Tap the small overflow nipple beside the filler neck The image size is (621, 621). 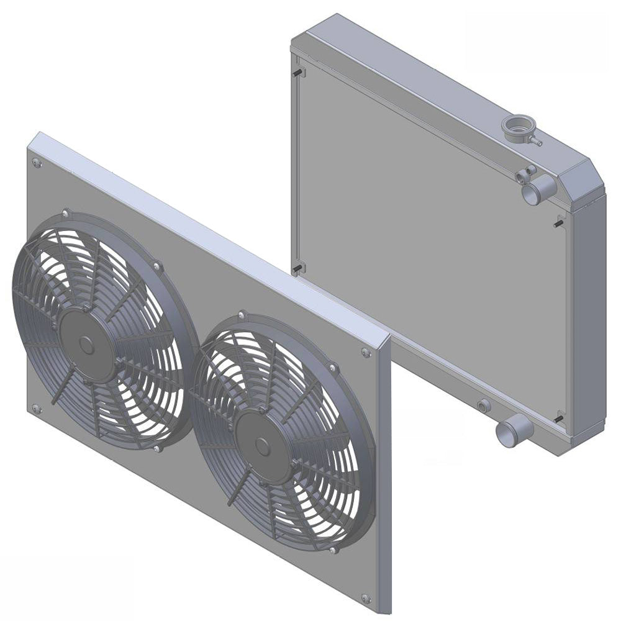click(x=536, y=142)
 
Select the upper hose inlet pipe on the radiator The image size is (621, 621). click(x=534, y=191)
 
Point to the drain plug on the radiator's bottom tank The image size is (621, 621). click(x=484, y=406)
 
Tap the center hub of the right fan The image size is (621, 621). click(x=261, y=446)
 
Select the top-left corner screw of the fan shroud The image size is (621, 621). click(x=37, y=163)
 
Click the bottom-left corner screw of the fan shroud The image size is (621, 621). click(x=36, y=409)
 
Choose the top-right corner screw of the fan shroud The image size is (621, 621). click(x=366, y=353)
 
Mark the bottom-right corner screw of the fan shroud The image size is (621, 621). click(x=366, y=599)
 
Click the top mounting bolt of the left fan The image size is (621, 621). click(x=66, y=213)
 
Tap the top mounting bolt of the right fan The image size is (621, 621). click(x=242, y=315)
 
